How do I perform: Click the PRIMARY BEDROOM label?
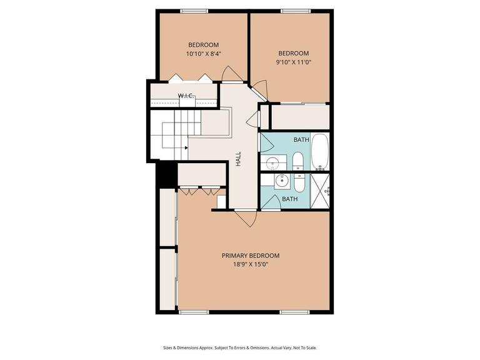pos(251,256)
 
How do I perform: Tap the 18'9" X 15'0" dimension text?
pos(251,264)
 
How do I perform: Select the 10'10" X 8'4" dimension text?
pos(203,54)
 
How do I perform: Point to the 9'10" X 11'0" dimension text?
pos(294,62)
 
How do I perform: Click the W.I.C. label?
pos(186,96)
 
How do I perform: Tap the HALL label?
pos(239,159)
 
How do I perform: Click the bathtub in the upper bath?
pos(320,152)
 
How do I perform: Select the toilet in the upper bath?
pos(298,162)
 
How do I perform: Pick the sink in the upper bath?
pos(273,164)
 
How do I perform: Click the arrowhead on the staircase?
pos(186,148)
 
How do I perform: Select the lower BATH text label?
pos(289,199)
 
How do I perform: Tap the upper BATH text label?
pos(301,139)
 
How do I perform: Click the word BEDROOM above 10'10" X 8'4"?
pos(203,44)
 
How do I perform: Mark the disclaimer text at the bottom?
pos(239,347)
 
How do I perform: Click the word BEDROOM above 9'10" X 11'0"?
pos(294,53)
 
